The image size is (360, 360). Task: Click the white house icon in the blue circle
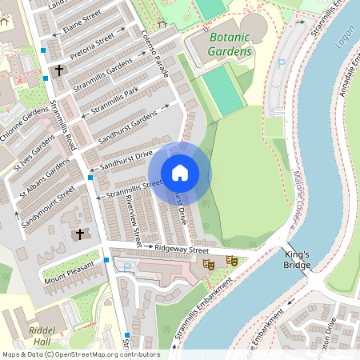point(180,173)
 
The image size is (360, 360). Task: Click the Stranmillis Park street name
point(115,98)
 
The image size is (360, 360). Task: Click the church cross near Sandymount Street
point(78,234)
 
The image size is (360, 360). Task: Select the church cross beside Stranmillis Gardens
point(59,70)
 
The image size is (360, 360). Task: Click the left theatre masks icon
point(209,263)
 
